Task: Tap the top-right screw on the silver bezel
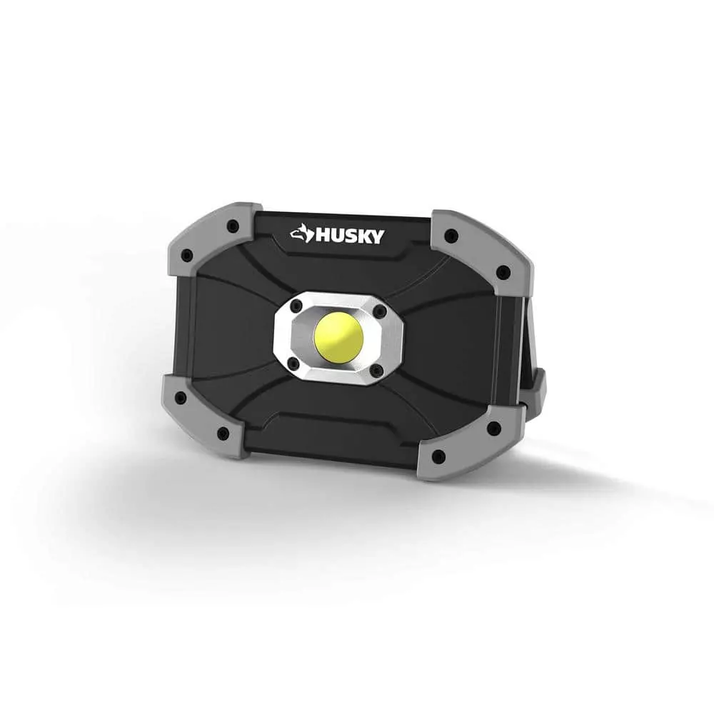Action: [380, 311]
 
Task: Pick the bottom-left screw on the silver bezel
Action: [293, 363]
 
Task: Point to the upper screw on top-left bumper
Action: [233, 226]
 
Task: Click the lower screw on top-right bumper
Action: [503, 272]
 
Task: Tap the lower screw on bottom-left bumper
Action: [223, 433]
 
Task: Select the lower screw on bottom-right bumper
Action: [439, 456]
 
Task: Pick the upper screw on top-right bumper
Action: [450, 236]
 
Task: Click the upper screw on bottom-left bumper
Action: [181, 398]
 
